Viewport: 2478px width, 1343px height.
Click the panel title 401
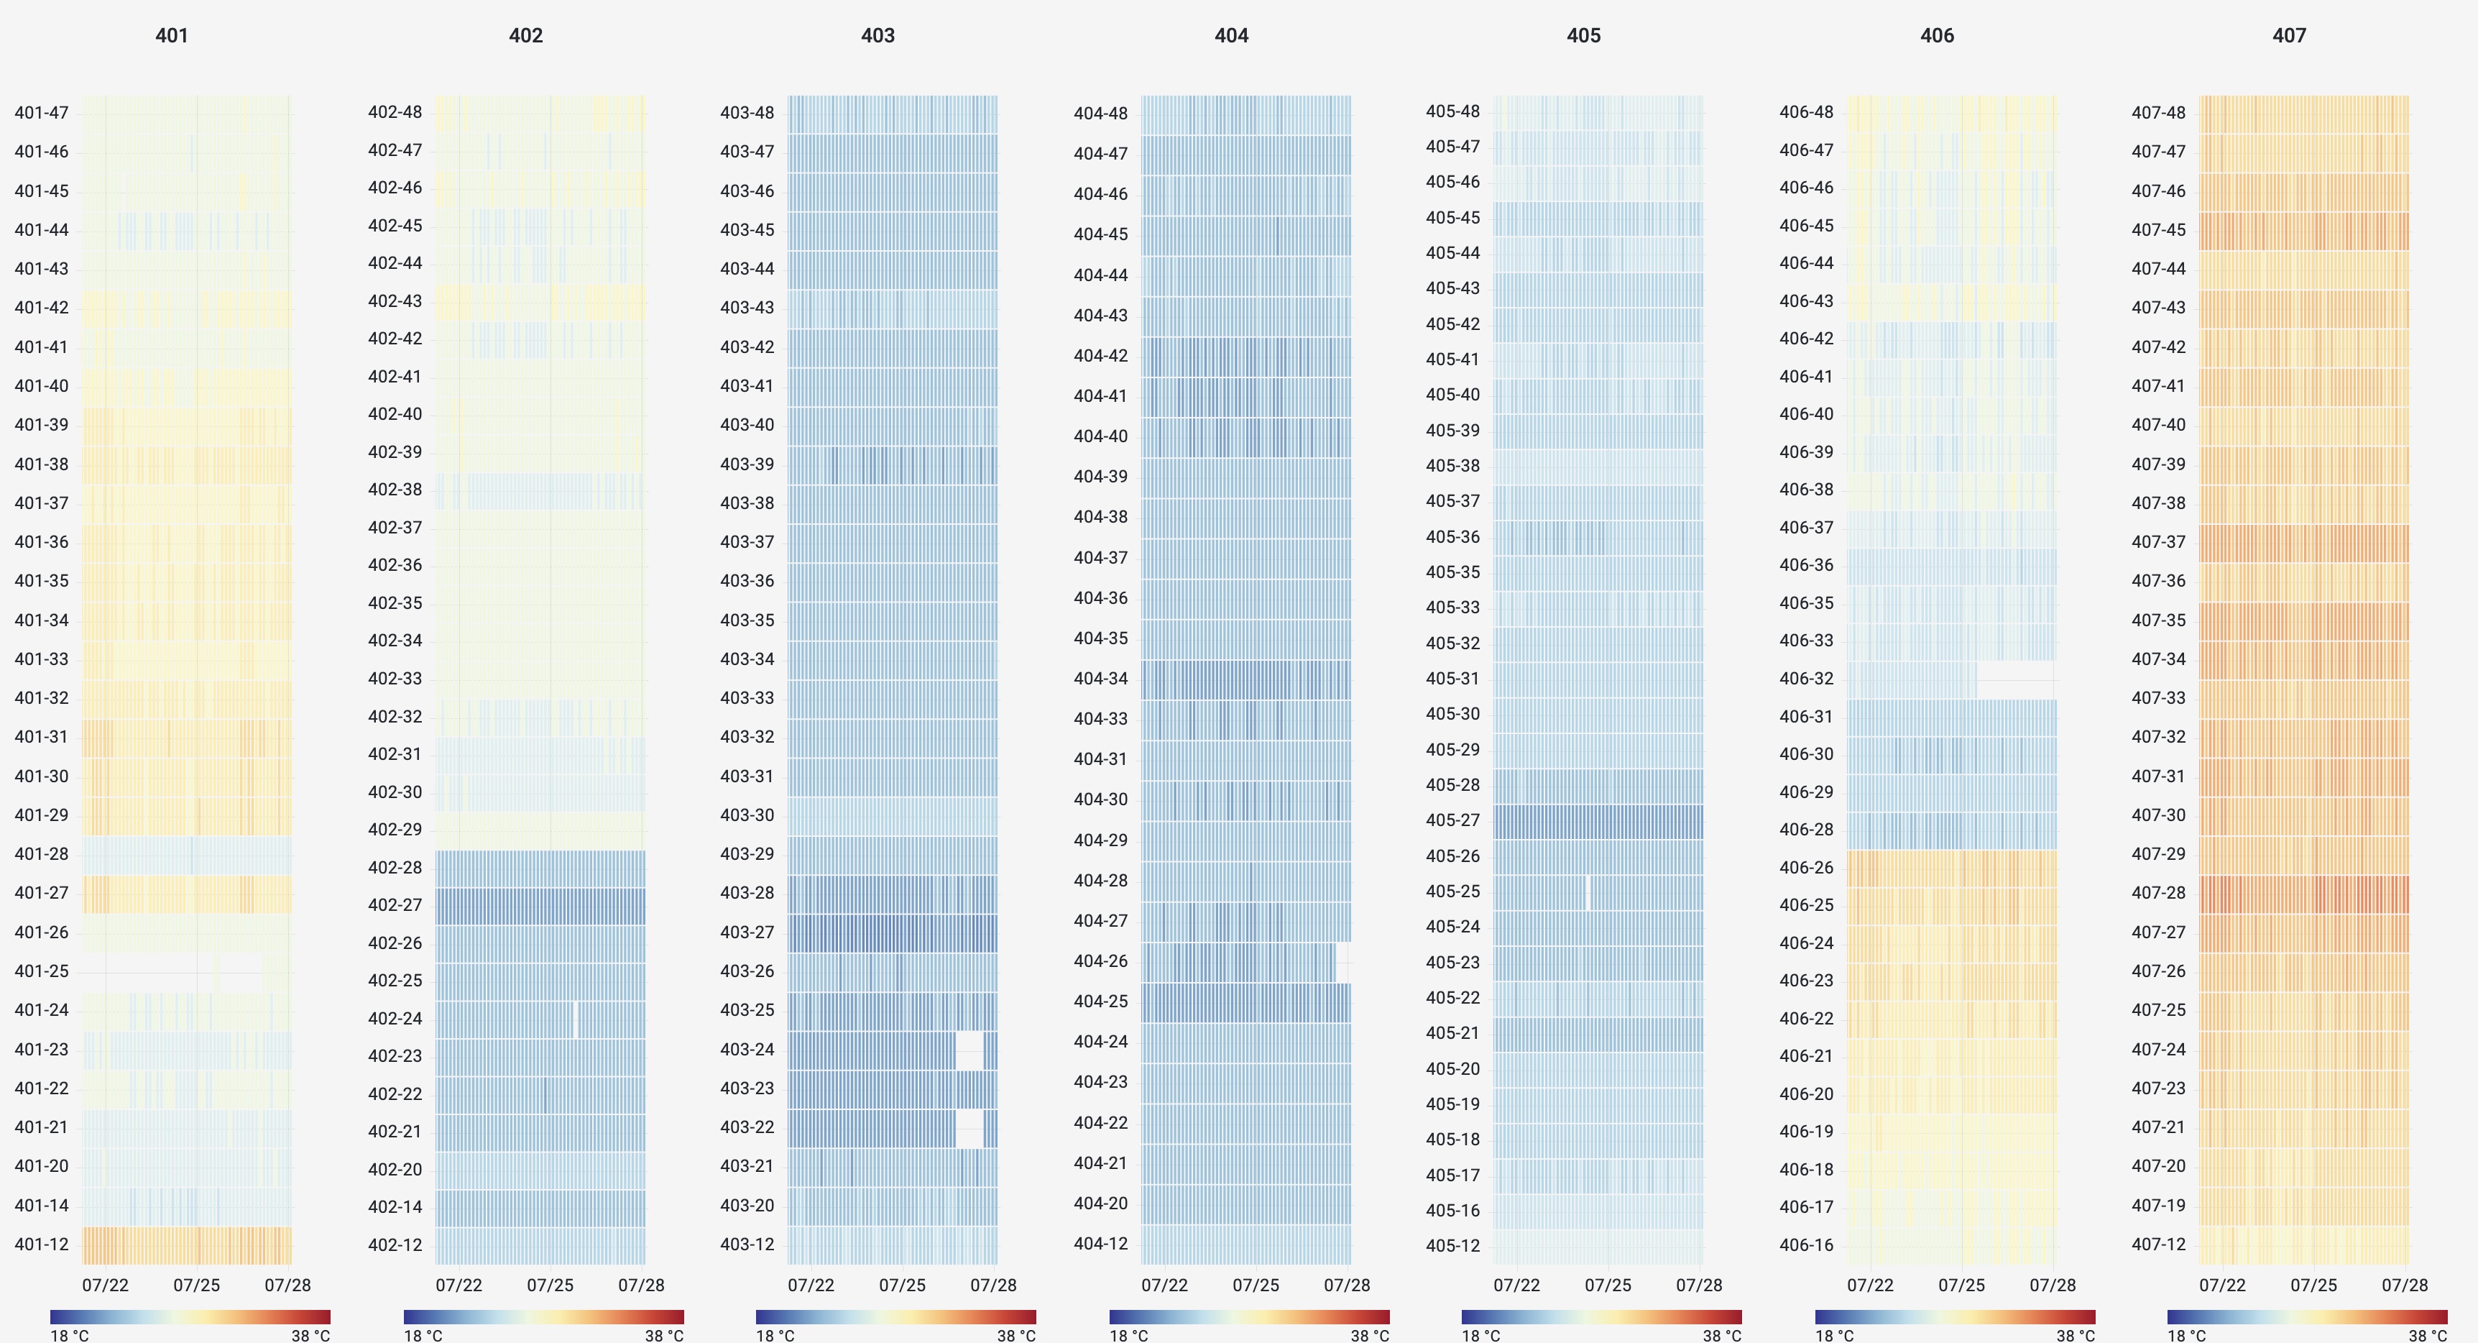pos(171,36)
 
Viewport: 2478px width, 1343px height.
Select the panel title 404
pos(1230,36)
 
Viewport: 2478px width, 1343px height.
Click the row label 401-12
pos(42,1244)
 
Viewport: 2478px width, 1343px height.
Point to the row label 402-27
pos(395,904)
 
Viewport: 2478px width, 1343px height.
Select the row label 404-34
pos(1100,678)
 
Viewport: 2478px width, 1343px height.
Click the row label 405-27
pos(1452,820)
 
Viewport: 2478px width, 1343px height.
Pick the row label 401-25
pos(42,971)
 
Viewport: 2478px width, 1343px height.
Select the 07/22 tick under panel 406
pos(1869,1285)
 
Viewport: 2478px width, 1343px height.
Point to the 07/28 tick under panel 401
pos(287,1285)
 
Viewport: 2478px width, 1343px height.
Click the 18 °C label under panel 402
pos(423,1335)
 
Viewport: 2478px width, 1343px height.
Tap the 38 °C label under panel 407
pos(2428,1335)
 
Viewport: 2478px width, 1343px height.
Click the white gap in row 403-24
pos(969,1049)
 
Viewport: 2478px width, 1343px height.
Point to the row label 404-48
pos(1100,114)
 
